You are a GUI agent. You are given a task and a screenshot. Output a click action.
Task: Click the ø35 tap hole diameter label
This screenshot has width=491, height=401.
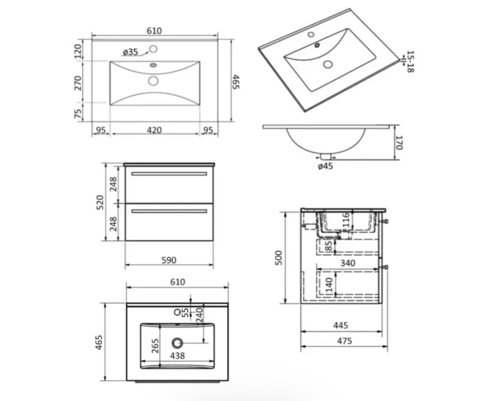coord(130,52)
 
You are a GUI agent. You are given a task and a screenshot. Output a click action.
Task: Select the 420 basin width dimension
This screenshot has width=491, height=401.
coord(154,130)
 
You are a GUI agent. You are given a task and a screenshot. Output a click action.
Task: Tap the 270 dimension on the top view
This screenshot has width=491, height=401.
coord(78,83)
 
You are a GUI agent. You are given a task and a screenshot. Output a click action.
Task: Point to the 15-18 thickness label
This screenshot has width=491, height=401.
coord(410,62)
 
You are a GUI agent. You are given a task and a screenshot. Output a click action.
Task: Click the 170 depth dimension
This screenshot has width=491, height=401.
coord(399,142)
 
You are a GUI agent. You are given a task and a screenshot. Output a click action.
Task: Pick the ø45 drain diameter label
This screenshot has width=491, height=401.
coord(326,166)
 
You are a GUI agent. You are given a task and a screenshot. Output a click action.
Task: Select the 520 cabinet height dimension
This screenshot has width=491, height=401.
coord(100,202)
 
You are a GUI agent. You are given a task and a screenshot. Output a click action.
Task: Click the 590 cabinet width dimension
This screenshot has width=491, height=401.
coord(169,260)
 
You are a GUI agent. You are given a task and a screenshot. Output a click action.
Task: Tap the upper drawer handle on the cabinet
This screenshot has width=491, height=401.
coord(169,174)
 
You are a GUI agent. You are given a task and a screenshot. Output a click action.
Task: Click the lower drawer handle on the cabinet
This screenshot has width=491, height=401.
coord(169,211)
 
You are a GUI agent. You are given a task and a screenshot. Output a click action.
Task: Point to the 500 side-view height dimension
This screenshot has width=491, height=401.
coord(279,258)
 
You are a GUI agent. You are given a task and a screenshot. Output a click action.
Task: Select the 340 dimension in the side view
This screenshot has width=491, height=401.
coord(348,263)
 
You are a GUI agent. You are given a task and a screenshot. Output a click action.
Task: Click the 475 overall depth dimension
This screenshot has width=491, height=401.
coord(345,341)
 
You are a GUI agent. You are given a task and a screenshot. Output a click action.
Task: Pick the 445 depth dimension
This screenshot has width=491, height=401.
coord(341,325)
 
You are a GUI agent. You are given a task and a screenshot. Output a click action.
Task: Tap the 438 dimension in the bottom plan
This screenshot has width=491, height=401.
coord(178,356)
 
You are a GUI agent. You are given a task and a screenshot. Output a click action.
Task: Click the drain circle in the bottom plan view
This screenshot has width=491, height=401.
coord(178,343)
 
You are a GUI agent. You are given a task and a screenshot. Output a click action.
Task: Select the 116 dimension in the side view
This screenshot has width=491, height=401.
coord(346,220)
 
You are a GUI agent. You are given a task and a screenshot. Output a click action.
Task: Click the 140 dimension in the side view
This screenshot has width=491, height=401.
coord(329,284)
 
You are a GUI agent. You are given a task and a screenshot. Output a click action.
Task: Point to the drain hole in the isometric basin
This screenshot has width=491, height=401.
coord(328,64)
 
